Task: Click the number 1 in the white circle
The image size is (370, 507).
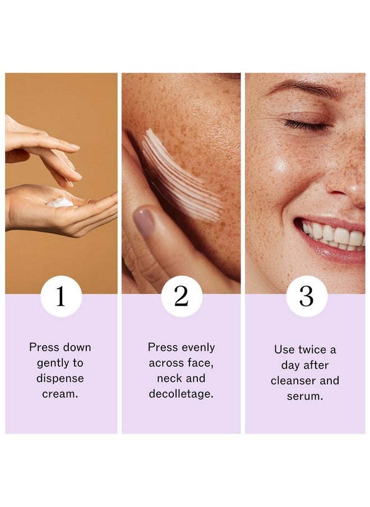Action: (61, 296)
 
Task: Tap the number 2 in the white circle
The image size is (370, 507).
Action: (181, 296)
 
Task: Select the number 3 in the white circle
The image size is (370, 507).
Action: (306, 296)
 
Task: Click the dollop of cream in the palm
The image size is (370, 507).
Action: (60, 202)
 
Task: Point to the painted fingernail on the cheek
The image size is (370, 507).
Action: (144, 222)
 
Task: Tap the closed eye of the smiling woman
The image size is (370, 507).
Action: (306, 125)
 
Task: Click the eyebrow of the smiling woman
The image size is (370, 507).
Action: (304, 87)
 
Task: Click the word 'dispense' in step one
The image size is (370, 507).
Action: (60, 379)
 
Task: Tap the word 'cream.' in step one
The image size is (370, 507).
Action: (60, 394)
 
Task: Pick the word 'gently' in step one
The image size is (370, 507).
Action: (52, 363)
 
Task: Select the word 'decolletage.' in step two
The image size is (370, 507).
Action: (181, 394)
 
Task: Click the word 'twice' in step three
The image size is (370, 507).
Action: (312, 349)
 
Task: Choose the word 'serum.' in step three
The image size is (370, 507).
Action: (305, 397)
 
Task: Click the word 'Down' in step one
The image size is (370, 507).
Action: (77, 347)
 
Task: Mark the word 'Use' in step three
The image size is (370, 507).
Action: (284, 349)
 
